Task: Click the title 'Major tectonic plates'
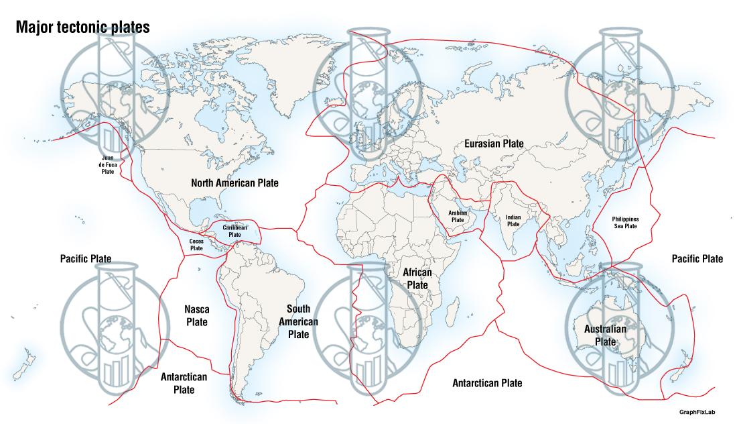[82, 28]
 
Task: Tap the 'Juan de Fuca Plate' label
[108, 164]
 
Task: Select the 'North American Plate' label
[234, 182]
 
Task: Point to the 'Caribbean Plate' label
[235, 231]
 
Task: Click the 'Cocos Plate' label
[196, 244]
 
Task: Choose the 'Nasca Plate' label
[196, 315]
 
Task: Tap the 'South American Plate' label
[298, 321]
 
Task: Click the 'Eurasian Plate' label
[494, 144]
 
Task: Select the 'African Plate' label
[417, 278]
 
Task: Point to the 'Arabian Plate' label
[458, 216]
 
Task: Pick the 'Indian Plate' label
[513, 220]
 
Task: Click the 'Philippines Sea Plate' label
[625, 223]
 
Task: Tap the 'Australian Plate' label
[605, 335]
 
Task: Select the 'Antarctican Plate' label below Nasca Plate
[184, 383]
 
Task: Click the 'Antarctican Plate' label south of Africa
[487, 383]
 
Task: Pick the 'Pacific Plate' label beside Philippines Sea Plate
[697, 258]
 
